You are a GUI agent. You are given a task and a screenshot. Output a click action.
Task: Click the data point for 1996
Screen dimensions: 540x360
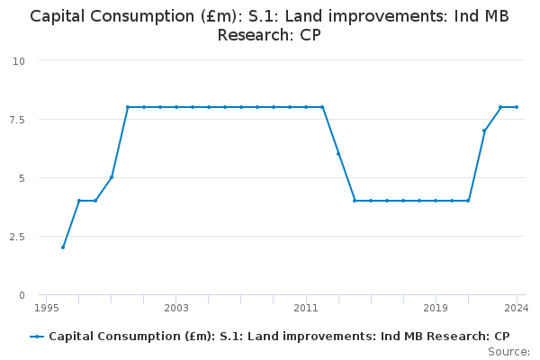pyautogui.click(x=63, y=247)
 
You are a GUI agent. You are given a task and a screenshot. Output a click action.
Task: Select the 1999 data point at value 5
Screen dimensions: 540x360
pyautogui.click(x=112, y=177)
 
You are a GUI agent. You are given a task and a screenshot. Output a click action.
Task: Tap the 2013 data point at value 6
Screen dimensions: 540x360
pyautogui.click(x=338, y=154)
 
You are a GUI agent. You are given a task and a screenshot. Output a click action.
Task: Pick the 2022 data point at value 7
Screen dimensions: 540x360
pyautogui.click(x=484, y=130)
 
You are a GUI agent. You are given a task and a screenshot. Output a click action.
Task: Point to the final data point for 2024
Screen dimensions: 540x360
pyautogui.click(x=517, y=107)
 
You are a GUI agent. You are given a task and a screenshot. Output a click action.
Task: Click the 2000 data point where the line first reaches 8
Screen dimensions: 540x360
pyautogui.click(x=128, y=107)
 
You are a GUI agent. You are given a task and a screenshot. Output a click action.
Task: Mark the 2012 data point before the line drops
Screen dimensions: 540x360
pyautogui.click(x=322, y=107)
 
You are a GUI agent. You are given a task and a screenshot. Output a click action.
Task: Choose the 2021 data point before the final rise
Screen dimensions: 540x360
pyautogui.click(x=468, y=201)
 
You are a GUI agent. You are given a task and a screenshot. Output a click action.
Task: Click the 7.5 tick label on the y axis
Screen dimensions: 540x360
pyautogui.click(x=17, y=120)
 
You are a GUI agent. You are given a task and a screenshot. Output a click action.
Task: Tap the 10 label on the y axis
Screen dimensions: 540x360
pyautogui.click(x=19, y=61)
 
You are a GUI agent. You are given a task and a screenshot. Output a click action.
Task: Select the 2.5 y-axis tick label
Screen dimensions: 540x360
pyautogui.click(x=17, y=237)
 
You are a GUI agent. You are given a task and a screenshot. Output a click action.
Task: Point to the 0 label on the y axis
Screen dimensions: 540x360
pyautogui.click(x=22, y=295)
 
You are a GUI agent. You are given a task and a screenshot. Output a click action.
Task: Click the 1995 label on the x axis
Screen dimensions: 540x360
pyautogui.click(x=47, y=308)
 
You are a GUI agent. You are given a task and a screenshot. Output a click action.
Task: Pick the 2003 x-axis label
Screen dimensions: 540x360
pyautogui.click(x=176, y=308)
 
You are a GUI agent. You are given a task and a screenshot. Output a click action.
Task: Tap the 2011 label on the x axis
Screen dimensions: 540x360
pyautogui.click(x=306, y=308)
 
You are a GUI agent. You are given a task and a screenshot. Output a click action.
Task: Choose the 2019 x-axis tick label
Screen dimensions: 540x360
pyautogui.click(x=436, y=308)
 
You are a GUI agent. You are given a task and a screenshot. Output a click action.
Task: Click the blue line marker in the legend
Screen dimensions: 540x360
pyautogui.click(x=37, y=337)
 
